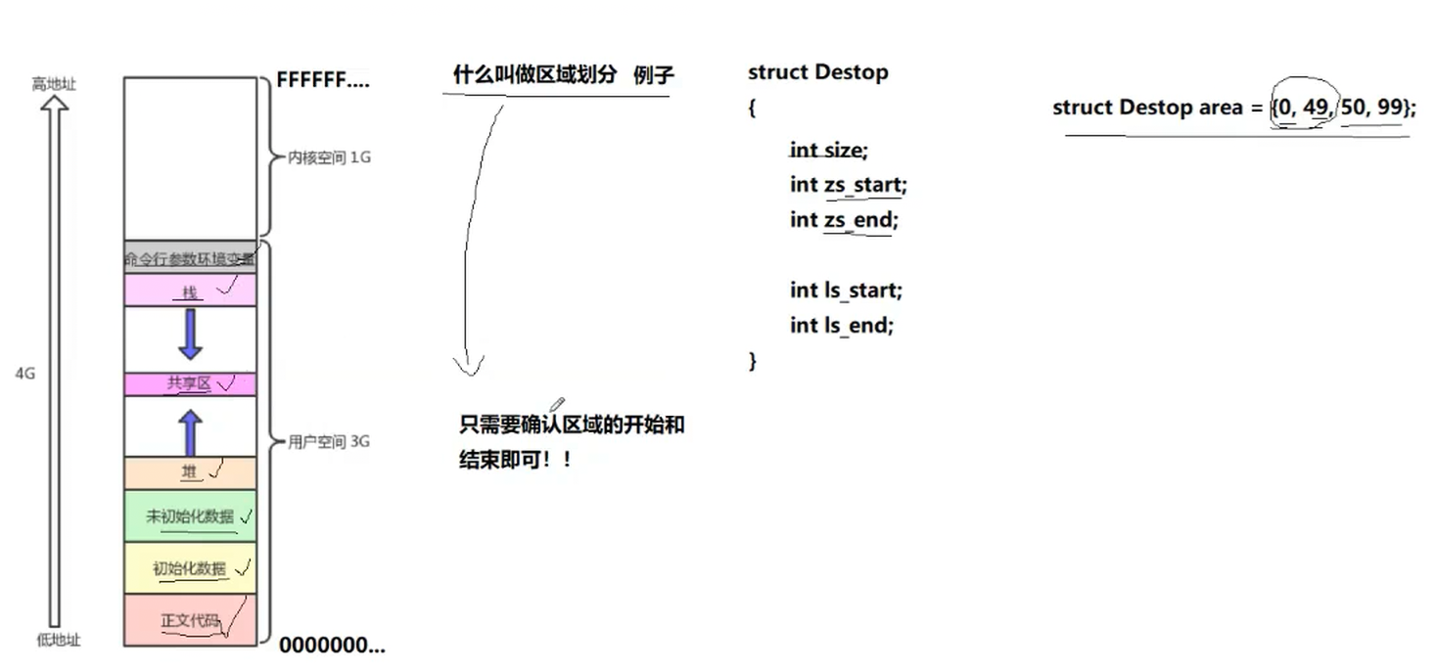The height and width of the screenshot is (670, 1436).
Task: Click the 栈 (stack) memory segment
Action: pyautogui.click(x=190, y=290)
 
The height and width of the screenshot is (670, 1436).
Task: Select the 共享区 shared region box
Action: pyautogui.click(x=190, y=383)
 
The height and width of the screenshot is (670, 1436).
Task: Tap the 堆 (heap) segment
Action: pyautogui.click(x=190, y=472)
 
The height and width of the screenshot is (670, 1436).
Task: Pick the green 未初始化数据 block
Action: pyautogui.click(x=190, y=516)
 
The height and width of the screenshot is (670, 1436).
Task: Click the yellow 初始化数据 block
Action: pyautogui.click(x=190, y=568)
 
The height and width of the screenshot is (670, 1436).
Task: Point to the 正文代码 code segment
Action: pyautogui.click(x=190, y=620)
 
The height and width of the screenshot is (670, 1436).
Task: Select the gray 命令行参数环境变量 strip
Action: pyautogui.click(x=190, y=259)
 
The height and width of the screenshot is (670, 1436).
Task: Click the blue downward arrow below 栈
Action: pyautogui.click(x=190, y=335)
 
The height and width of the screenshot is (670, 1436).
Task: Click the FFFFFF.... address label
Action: pyautogui.click(x=323, y=80)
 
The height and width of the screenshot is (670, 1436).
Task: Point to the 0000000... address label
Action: pyautogui.click(x=332, y=646)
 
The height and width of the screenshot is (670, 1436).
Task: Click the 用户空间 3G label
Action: pyautogui.click(x=329, y=441)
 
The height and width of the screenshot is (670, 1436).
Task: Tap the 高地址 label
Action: pyautogui.click(x=54, y=84)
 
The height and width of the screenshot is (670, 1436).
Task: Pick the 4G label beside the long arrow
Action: pyautogui.click(x=25, y=374)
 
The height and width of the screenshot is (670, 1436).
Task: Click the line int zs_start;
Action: pyautogui.click(x=849, y=185)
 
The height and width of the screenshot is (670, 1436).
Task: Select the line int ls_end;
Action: pyautogui.click(x=842, y=325)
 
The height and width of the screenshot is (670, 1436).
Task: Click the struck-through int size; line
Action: pyautogui.click(x=829, y=151)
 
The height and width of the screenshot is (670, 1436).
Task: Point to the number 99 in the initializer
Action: pyautogui.click(x=1390, y=108)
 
